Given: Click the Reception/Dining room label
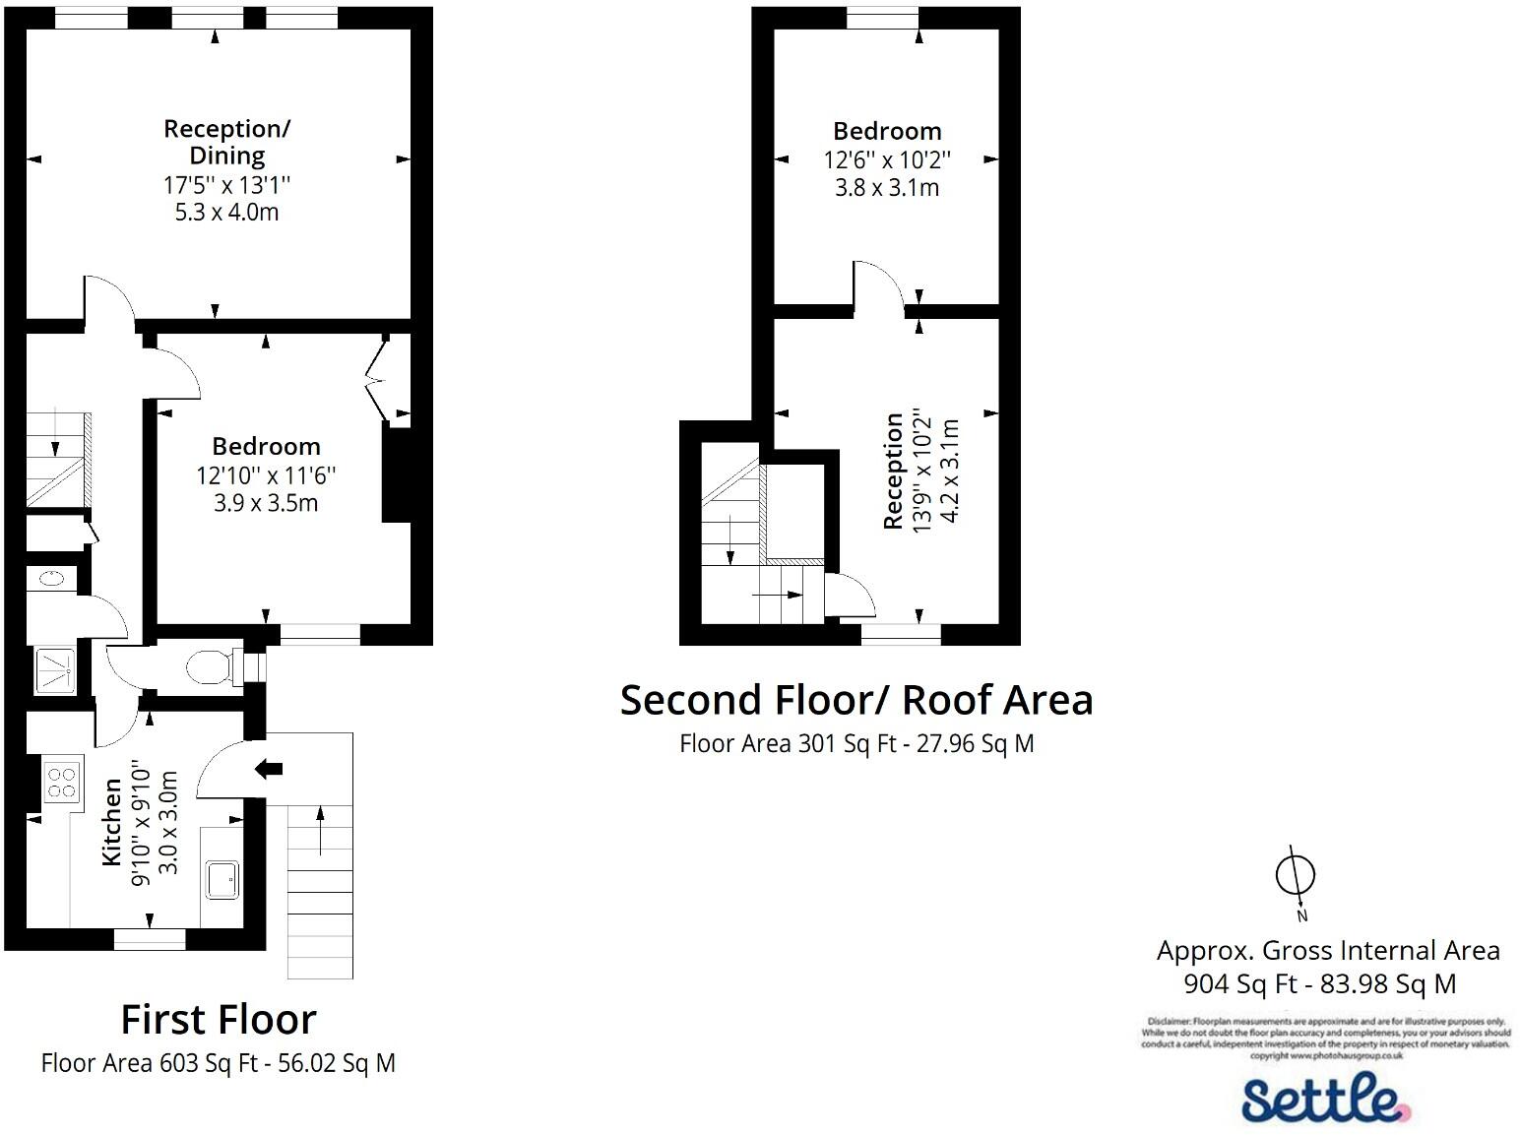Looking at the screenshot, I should [226, 142].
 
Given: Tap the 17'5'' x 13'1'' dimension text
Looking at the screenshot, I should [226, 184].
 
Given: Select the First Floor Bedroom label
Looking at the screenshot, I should [266, 446].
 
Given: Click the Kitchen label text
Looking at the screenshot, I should [112, 822].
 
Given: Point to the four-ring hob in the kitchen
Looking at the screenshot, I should [61, 782].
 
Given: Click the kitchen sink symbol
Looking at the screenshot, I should [222, 879].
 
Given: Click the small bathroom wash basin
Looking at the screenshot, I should [55, 579].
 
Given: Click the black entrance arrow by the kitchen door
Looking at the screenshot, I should [268, 769].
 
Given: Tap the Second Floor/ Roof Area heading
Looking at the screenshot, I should [855, 700].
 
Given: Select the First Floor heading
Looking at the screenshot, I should [219, 1019].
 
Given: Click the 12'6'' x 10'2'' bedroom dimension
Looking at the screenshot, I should [887, 159].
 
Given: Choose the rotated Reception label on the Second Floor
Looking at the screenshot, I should [893, 471].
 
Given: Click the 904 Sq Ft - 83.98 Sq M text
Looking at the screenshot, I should [1319, 983].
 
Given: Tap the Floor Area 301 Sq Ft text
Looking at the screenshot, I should [855, 743].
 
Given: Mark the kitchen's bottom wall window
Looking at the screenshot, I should [150, 939].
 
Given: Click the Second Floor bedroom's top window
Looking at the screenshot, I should [882, 18].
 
